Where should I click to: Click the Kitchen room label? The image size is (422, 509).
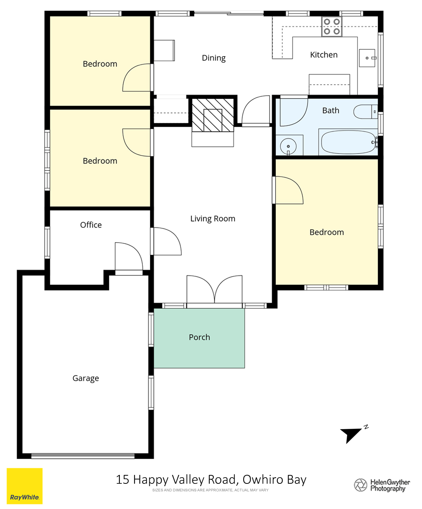[323, 55]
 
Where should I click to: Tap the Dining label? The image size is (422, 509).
[214, 58]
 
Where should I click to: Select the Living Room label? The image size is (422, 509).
[213, 218]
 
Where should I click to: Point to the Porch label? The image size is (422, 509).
[199, 337]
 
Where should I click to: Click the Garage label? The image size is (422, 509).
[86, 378]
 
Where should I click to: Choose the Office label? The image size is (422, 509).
[91, 225]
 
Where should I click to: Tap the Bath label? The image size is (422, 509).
[331, 110]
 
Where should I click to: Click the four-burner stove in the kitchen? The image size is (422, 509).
[332, 26]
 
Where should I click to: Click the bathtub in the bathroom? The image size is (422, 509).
[349, 142]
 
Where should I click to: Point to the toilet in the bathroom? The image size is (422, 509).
[365, 112]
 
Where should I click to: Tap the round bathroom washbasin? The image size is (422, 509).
[288, 146]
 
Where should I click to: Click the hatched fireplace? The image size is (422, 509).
[213, 115]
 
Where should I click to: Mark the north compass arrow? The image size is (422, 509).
[351, 436]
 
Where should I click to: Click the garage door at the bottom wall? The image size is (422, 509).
[83, 456]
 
